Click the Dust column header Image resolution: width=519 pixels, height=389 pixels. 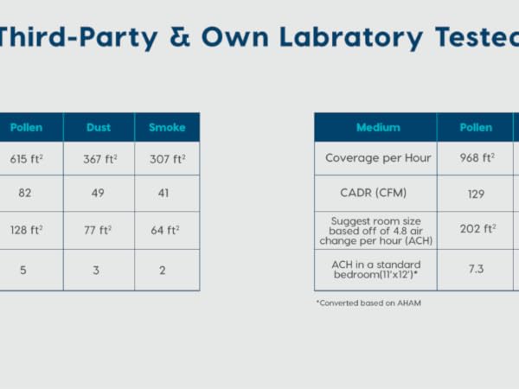pos(99,128)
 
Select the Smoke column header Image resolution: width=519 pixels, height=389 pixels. pos(167,128)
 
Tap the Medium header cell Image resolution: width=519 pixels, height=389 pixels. pos(375,128)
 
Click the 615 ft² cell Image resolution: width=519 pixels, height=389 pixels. pos(27,159)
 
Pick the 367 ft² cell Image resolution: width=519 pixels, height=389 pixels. pos(99,159)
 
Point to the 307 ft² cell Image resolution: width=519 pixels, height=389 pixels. pos(167,159)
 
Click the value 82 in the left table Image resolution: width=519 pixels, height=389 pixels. pos(25,193)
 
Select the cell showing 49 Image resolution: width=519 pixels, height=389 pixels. pos(99,193)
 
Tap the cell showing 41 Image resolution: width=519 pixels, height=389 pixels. pos(167,193)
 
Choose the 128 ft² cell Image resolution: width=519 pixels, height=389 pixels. pos(27,230)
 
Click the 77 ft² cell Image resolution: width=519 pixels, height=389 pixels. pos(99,230)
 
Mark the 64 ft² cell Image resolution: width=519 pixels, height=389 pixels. pos(167,230)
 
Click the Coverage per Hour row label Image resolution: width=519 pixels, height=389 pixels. pos(375,158)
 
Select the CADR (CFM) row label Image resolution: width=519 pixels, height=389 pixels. pos(375,194)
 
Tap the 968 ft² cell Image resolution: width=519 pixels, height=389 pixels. pos(476,158)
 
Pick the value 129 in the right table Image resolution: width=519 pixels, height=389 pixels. pos(476,194)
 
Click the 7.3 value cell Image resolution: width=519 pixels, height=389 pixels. pos(476,269)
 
